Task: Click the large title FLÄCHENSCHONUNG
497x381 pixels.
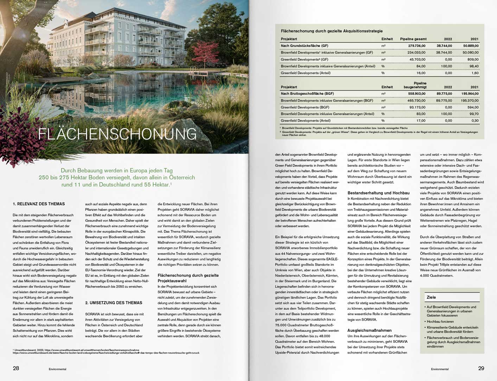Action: (117, 134)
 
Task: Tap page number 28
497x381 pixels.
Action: (16, 368)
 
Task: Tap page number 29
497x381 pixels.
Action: (481, 368)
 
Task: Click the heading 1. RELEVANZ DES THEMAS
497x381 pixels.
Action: (39, 204)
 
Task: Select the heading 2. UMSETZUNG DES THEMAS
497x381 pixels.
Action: (114, 303)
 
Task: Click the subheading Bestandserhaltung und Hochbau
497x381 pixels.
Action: (378, 193)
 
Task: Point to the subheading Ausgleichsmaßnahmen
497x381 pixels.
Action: (369, 330)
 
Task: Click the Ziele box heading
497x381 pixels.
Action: (431, 297)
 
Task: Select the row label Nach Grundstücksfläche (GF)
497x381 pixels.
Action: (304, 46)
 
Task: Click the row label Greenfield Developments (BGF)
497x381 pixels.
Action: (305, 107)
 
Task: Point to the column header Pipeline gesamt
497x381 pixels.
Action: (413, 39)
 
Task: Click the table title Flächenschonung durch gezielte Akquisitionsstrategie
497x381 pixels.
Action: (332, 31)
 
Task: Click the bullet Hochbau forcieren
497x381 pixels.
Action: (440, 322)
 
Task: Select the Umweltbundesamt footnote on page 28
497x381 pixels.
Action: (76, 350)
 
